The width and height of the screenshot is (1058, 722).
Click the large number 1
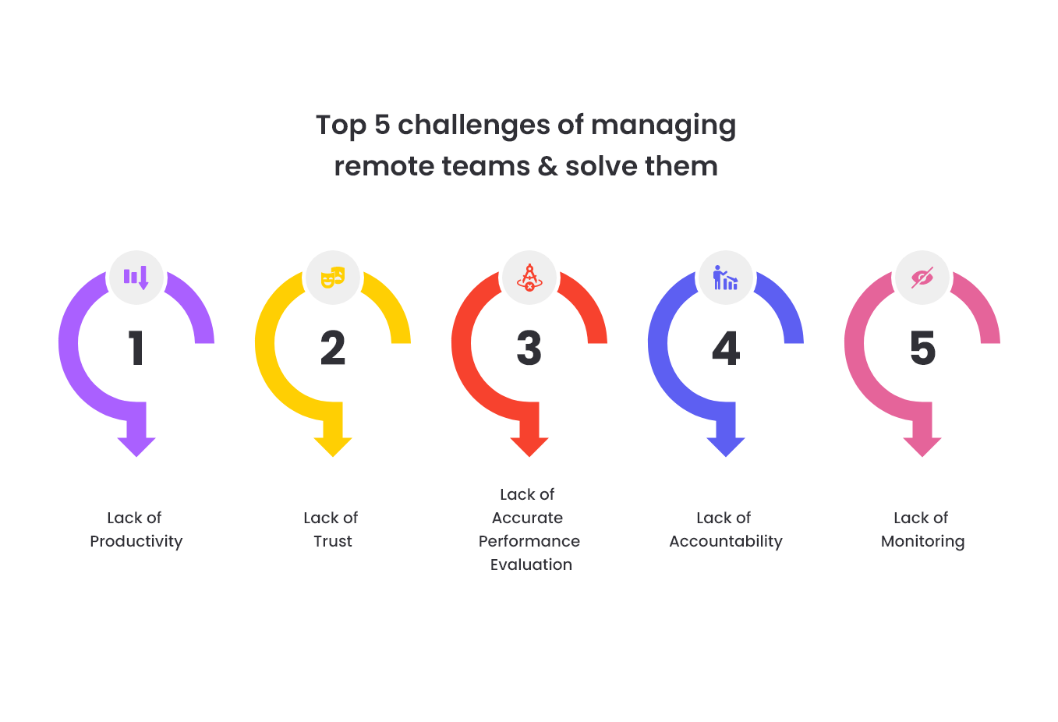[x=136, y=348]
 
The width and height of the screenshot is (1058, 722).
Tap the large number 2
[x=333, y=348]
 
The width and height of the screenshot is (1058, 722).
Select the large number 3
[x=529, y=348]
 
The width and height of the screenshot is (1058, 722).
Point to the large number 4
[x=726, y=348]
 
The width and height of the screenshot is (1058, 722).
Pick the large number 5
[x=922, y=348]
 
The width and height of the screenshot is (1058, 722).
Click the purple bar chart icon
[x=136, y=278]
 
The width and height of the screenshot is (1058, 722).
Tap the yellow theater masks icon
[x=333, y=278]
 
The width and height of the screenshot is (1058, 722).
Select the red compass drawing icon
[x=529, y=278]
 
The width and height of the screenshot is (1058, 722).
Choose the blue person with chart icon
[x=726, y=278]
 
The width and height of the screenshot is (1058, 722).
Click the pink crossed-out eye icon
[x=922, y=278]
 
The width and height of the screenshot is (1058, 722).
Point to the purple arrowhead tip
[x=136, y=457]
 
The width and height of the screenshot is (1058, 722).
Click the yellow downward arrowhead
[x=333, y=447]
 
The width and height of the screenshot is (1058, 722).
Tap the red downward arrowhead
[x=529, y=447]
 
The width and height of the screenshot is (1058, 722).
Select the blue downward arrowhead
[x=726, y=447]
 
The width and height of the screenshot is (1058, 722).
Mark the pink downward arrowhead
[x=922, y=447]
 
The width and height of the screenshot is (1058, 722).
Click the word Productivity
[x=136, y=542]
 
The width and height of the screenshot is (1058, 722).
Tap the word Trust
[x=333, y=541]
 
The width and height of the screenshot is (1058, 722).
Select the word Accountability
[x=726, y=542]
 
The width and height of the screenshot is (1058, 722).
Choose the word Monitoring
[x=923, y=542]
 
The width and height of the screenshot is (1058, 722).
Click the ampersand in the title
[x=547, y=166]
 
